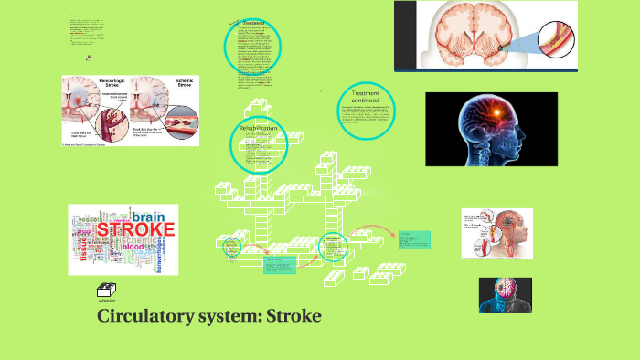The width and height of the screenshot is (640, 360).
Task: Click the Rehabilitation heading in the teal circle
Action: click(x=258, y=129)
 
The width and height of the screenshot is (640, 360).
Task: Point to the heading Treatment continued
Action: click(x=365, y=95)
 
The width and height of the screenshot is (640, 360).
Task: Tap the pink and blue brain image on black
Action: click(x=506, y=295)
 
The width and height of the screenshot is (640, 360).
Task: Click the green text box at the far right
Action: click(x=413, y=239)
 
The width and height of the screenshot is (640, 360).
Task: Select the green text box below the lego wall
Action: click(x=279, y=265)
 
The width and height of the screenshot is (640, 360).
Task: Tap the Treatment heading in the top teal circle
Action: click(x=252, y=24)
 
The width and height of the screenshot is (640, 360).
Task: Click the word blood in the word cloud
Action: click(x=134, y=247)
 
